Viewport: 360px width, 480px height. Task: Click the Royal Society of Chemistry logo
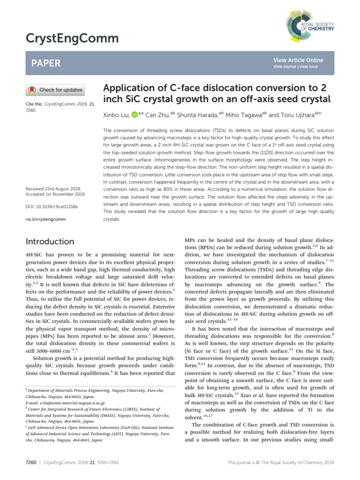click(x=309, y=23)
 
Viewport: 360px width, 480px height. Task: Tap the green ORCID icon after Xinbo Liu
click(x=134, y=115)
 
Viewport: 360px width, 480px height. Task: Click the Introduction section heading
click(x=51, y=241)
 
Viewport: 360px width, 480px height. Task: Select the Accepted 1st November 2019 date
click(x=55, y=195)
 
